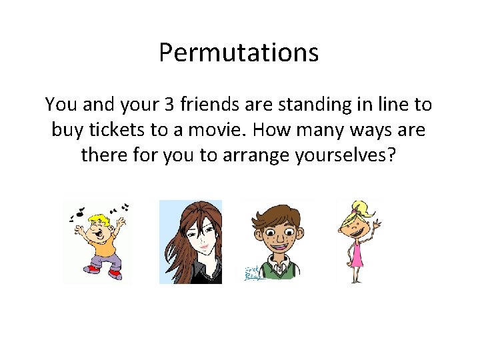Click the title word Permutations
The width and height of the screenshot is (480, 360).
coord(239,53)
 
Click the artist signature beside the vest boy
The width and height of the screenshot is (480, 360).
coord(253,273)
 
